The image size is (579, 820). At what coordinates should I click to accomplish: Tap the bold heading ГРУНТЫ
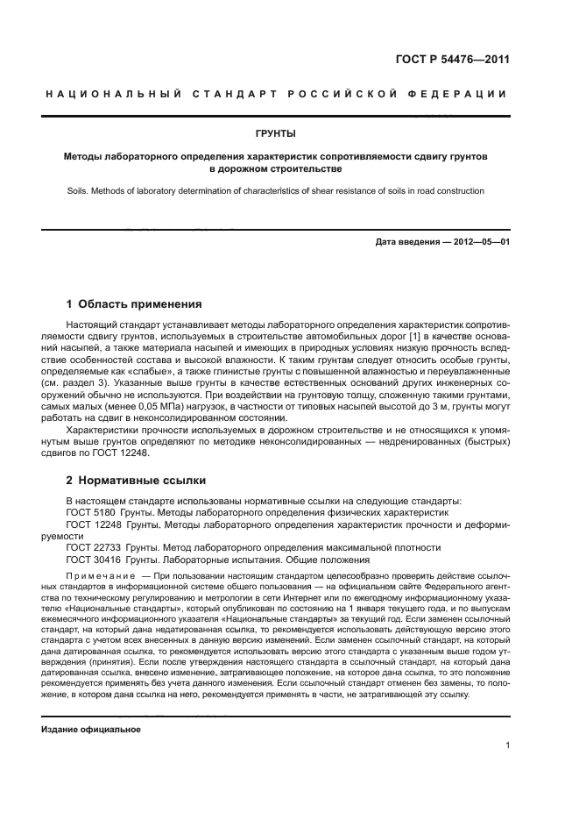click(x=275, y=134)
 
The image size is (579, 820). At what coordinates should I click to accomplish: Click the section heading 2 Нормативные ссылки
click(x=136, y=480)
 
